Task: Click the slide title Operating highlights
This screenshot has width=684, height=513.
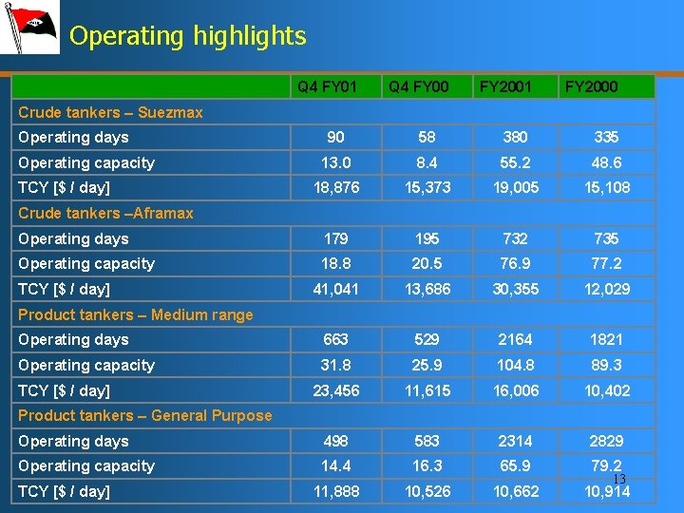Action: coord(188,37)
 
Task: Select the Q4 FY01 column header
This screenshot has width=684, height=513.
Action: coord(327,87)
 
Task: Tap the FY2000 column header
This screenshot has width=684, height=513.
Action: coord(591,87)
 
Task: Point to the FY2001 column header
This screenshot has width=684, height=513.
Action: coord(505,87)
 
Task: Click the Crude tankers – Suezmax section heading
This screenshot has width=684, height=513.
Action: coord(110,112)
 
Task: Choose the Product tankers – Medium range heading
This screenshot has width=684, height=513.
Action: coord(136,314)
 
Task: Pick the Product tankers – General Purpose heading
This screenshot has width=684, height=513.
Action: coord(145,415)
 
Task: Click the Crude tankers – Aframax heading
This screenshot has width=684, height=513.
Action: coord(105,213)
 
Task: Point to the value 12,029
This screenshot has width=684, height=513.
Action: coord(606,289)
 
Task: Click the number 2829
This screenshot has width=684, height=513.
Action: coord(606,441)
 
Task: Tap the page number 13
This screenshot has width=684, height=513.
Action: coord(618,479)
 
